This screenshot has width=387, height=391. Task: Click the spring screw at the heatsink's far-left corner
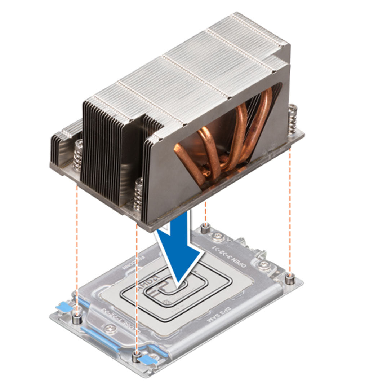78,155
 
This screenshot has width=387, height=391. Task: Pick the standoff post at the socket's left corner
76,318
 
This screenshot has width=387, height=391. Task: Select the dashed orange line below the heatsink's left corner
77,245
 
